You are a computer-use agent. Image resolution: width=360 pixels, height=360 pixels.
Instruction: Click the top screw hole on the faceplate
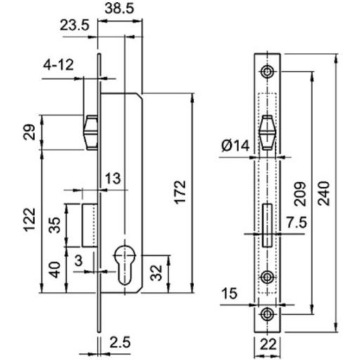point(267,72)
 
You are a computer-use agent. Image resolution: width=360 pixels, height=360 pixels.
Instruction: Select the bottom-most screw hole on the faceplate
point(267,314)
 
